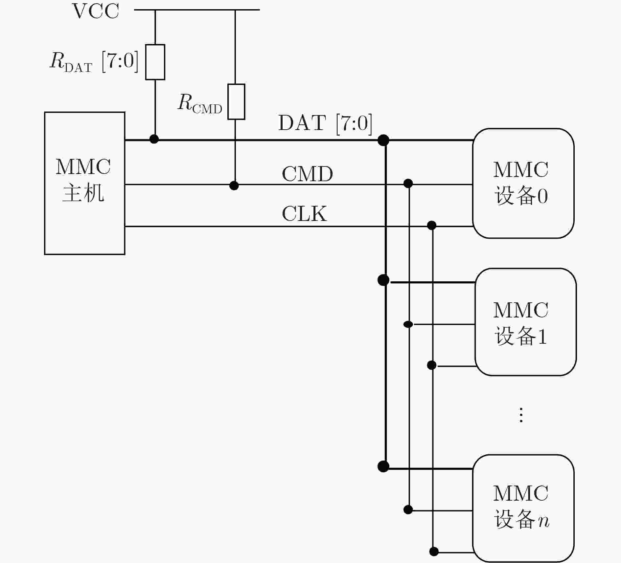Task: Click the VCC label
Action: (95, 11)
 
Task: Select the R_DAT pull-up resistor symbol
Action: (155, 62)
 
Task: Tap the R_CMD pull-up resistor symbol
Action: (236, 102)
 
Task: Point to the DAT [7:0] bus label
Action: (325, 123)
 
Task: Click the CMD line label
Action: (307, 174)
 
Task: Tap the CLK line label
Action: (304, 214)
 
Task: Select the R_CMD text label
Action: (200, 103)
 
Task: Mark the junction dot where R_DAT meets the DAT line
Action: (154, 139)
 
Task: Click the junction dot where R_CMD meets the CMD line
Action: (234, 185)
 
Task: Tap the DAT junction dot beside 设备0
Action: (383, 140)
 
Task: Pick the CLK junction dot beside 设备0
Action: (432, 225)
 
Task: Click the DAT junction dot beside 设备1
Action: (383, 280)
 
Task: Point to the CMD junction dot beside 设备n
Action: (408, 509)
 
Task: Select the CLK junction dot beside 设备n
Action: (434, 552)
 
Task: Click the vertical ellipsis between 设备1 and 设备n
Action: (521, 415)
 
